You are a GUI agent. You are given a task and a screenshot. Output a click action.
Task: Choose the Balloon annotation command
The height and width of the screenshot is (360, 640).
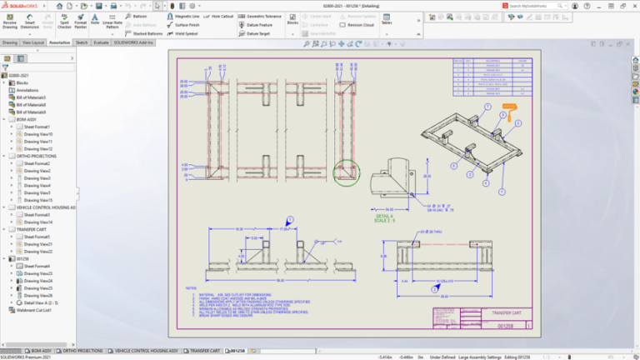139,15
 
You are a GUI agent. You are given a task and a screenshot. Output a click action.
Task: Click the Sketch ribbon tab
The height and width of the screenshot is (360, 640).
82,42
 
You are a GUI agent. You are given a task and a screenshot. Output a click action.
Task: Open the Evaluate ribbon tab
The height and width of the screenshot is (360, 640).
102,42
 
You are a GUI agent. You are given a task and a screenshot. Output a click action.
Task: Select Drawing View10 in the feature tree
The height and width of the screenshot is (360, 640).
37,133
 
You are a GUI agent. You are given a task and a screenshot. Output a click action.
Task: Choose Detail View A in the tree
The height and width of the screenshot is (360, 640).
37,302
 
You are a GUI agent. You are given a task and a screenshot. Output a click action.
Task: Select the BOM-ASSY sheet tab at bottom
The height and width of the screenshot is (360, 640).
41,351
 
